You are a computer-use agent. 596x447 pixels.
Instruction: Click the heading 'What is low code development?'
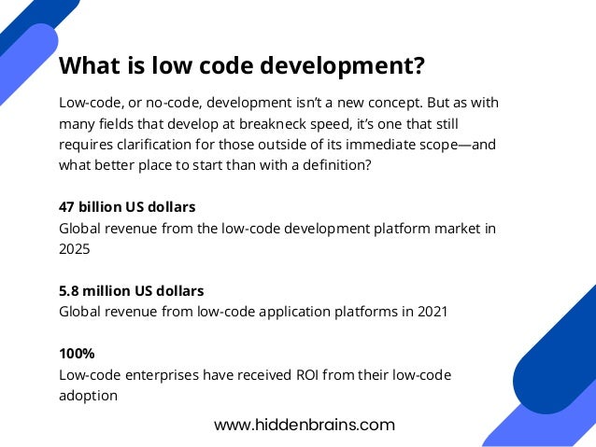pos(242,67)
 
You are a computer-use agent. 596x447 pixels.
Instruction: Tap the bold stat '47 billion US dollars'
pos(127,206)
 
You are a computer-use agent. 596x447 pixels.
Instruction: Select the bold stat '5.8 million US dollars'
pos(131,291)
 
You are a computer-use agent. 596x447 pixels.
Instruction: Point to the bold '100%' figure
pos(77,355)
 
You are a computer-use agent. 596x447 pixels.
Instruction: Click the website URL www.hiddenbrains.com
pos(305,425)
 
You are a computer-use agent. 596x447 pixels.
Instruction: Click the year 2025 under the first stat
pos(76,249)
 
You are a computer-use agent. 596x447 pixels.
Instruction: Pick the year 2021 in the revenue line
pos(431,313)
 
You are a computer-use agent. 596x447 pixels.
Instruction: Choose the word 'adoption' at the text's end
pos(88,396)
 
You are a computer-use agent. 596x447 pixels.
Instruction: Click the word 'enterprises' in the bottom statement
pos(161,375)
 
